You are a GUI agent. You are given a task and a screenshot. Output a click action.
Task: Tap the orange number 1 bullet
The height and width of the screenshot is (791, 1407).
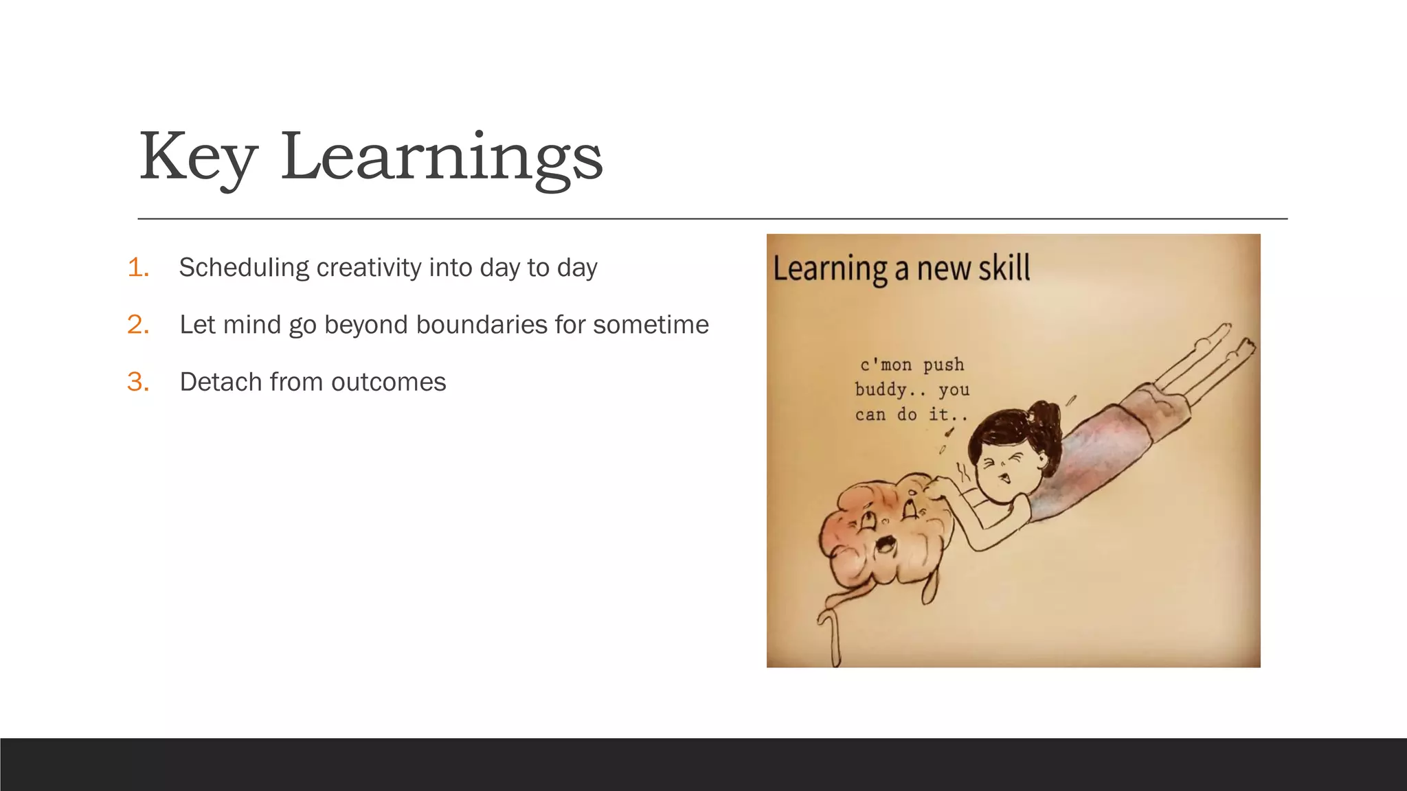[138, 268]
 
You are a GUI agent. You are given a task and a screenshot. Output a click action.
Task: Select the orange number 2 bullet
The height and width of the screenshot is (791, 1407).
[138, 325]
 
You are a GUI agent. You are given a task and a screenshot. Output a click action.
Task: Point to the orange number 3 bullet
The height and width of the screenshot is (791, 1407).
[138, 382]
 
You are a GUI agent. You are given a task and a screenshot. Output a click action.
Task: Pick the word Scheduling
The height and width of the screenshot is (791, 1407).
[243, 268]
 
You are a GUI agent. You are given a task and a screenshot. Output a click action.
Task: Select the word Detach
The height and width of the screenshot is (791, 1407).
[221, 382]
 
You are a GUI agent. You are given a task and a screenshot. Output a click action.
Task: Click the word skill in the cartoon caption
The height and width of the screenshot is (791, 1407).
[1004, 268]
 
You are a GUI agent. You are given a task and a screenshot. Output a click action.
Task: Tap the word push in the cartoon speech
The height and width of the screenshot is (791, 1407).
[943, 365]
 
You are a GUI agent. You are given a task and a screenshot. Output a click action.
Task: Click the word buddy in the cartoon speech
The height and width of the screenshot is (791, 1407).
[880, 390]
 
